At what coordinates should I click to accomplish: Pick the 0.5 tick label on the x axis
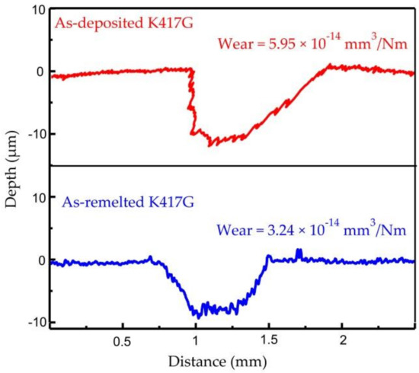click(123, 340)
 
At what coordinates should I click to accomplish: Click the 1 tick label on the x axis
click(196, 340)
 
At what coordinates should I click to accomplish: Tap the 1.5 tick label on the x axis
click(269, 340)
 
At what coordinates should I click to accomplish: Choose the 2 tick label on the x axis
click(342, 340)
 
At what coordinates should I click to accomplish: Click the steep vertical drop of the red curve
click(191, 99)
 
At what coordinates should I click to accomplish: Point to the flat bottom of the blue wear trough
click(217, 309)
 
